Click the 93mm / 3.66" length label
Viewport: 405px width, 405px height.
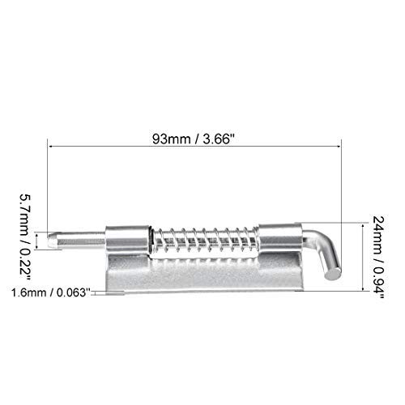point(194,139)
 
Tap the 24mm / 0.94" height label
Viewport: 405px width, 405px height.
point(377,258)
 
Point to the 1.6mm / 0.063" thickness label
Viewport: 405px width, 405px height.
point(50,292)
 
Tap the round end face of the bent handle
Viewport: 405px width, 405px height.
point(333,274)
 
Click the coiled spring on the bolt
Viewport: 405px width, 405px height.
point(205,240)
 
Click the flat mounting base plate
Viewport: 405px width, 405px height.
point(204,274)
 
